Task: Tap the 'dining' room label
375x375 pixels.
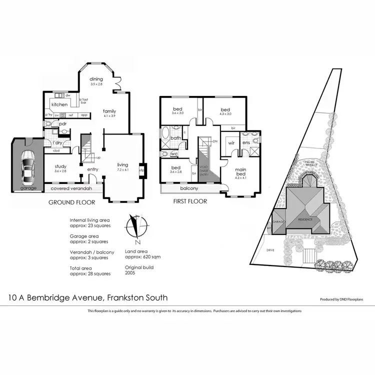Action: coord(96,79)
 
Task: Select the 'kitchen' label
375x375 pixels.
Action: coord(59,104)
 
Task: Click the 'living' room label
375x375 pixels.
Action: coord(123,164)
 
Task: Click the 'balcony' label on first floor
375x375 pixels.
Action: coord(188,188)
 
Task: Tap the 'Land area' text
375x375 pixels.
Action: coord(135,251)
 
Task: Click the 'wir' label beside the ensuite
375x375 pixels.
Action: coord(231,142)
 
